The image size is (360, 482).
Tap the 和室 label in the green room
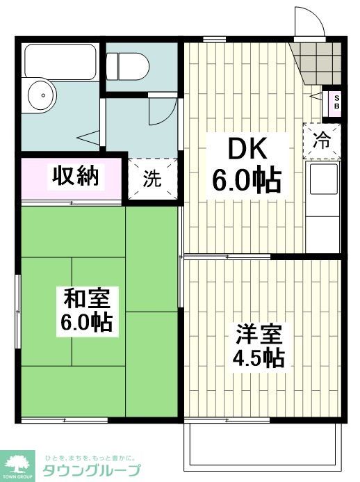87,299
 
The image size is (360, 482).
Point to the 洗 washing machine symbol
152,179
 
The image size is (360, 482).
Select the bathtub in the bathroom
60,61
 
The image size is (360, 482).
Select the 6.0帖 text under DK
247,182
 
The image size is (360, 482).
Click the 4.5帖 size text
259,359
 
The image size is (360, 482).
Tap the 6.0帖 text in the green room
87,322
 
